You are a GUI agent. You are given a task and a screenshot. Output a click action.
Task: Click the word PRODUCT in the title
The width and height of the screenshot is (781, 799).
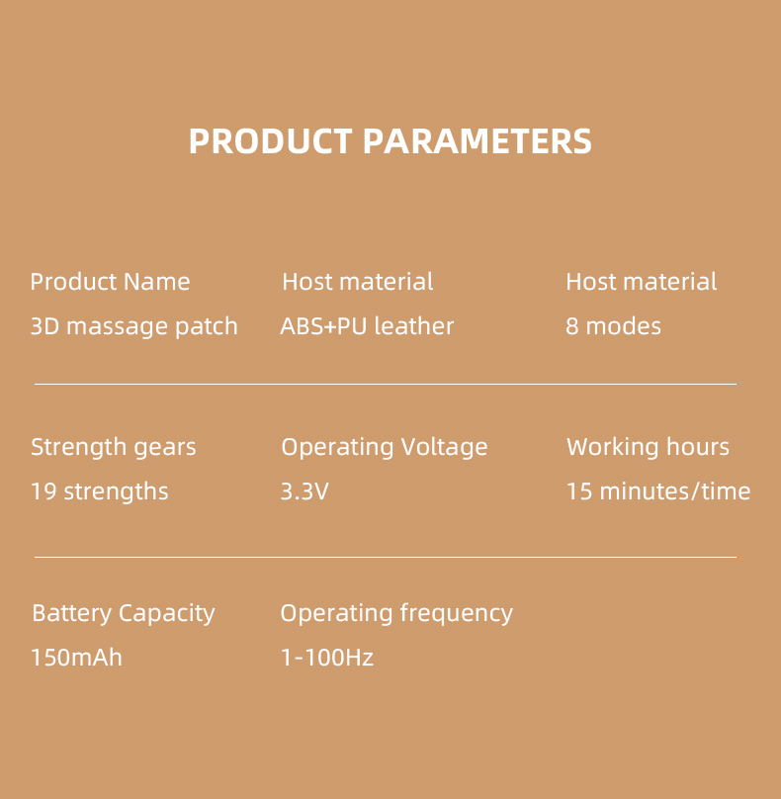pos(270,141)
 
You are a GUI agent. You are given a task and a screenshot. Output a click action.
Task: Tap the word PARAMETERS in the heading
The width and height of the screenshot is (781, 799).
pos(477,141)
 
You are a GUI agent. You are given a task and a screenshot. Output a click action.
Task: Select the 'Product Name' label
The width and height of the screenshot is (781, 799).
pos(110,282)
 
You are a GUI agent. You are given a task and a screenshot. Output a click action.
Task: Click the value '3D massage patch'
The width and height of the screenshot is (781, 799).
pos(133,326)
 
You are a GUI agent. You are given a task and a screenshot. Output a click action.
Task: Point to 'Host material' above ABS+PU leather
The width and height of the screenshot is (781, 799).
pos(357,282)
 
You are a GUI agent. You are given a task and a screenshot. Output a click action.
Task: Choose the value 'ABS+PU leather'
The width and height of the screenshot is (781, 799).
pos(367,326)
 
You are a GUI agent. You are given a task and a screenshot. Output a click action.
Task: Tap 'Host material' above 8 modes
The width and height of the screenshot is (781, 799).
pos(641,282)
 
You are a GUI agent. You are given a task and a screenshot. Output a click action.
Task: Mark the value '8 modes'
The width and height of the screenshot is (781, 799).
pos(613,326)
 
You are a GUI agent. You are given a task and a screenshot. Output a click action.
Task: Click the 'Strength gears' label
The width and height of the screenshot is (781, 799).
pos(113,447)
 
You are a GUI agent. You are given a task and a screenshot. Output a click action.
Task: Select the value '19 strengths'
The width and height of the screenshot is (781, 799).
pos(99,491)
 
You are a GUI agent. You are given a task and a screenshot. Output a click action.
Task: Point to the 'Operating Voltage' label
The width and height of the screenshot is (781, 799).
pos(384,447)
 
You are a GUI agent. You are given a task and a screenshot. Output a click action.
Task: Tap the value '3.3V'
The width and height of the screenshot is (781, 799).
pos(304,491)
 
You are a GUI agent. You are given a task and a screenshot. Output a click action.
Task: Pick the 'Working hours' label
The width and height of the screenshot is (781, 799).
pos(648,447)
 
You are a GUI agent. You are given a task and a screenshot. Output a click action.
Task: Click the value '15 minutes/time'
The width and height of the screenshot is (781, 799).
pos(657,491)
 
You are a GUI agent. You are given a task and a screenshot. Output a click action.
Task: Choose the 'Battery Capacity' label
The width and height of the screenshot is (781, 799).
pos(123,613)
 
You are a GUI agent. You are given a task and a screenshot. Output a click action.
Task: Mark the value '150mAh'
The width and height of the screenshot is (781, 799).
pos(76,658)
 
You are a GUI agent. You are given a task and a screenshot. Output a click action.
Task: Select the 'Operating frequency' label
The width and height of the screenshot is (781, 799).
pos(395,613)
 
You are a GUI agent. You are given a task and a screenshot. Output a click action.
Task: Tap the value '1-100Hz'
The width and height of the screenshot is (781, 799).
pos(326,658)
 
